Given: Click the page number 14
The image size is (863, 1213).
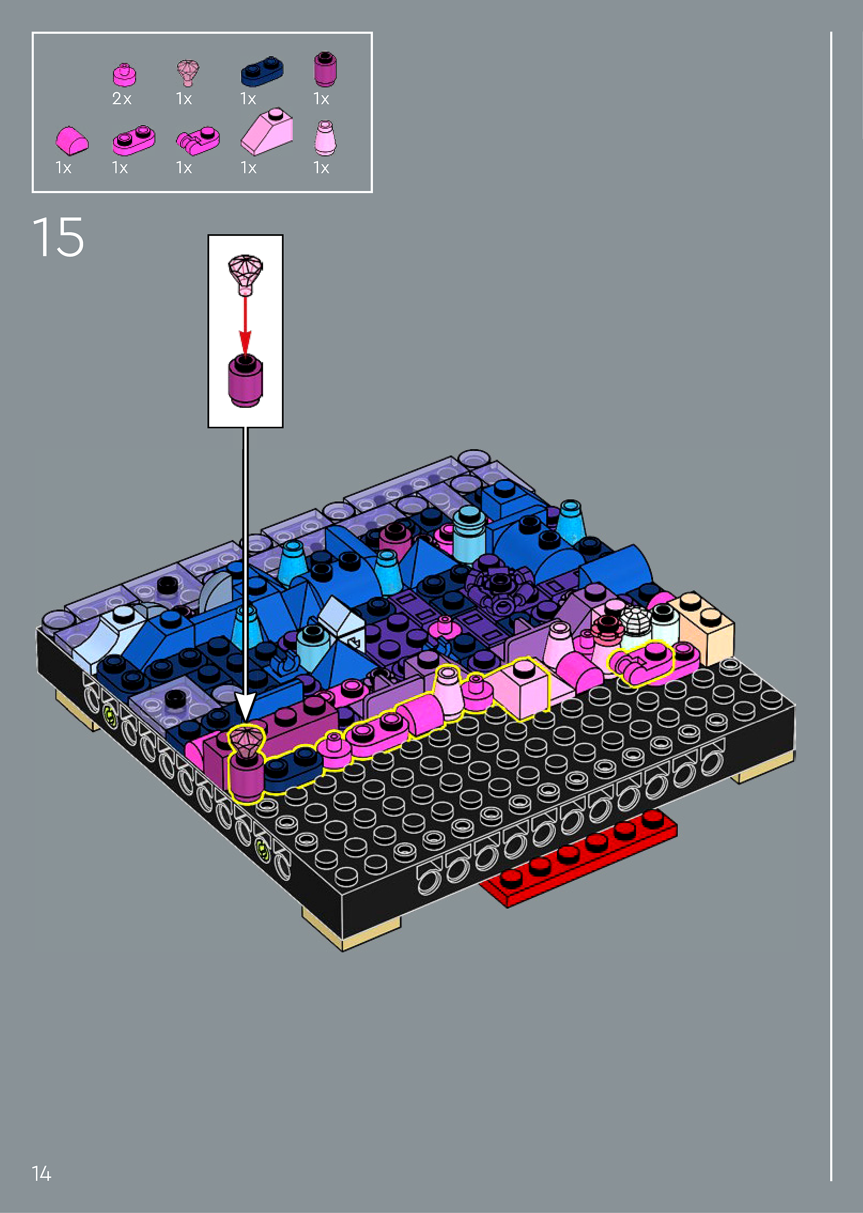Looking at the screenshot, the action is (41, 1173).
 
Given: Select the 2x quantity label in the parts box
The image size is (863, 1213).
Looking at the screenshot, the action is (122, 99).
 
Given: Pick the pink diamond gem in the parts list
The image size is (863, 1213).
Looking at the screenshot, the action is (188, 73).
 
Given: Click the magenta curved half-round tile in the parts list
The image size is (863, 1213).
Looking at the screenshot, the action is (72, 141).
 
